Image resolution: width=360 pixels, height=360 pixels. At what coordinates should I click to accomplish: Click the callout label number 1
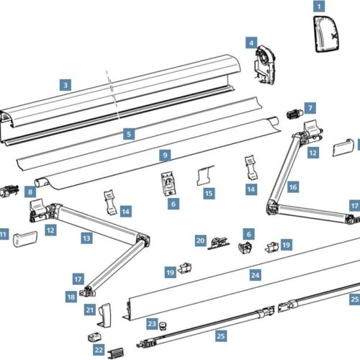(x=317, y=6)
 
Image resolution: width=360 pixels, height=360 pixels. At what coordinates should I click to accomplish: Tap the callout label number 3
(x=65, y=84)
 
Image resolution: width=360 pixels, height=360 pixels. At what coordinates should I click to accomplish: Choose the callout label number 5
(x=128, y=133)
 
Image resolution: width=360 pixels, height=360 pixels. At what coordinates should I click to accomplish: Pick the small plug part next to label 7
(x=294, y=114)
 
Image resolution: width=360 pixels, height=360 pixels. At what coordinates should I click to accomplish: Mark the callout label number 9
(x=165, y=154)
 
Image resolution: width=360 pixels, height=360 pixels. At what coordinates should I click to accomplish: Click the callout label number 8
(x=30, y=192)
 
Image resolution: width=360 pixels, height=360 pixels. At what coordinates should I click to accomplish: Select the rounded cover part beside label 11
(x=28, y=238)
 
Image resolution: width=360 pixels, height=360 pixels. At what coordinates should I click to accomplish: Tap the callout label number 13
(x=86, y=237)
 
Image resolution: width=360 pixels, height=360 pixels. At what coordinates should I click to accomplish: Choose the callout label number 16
(x=292, y=186)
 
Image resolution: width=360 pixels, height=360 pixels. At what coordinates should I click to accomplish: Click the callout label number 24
(x=255, y=274)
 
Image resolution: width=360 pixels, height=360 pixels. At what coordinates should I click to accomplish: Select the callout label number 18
(x=71, y=296)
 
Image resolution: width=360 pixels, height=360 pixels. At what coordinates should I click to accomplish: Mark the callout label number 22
(x=99, y=350)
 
